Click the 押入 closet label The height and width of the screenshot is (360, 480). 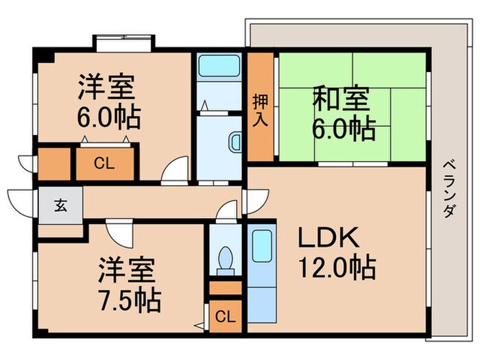[261, 109]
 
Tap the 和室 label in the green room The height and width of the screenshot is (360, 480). [341, 100]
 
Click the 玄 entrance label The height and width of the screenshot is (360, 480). [60, 205]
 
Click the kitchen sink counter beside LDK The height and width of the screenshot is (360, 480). [261, 274]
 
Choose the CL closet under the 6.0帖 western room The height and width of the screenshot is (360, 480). [104, 163]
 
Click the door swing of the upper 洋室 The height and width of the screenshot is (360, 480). [176, 169]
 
